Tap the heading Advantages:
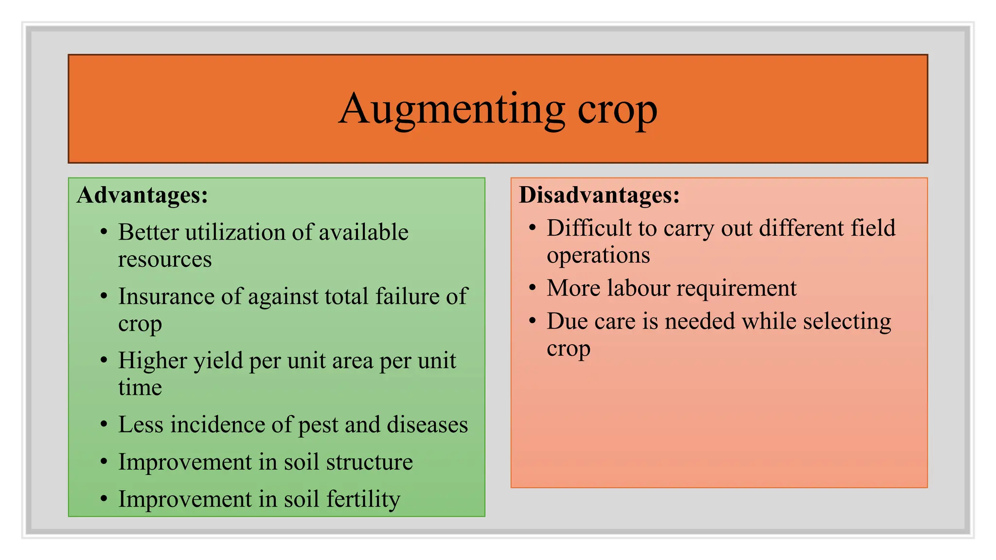tap(142, 195)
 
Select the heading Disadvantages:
tap(599, 195)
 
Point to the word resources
tap(165, 260)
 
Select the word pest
tap(318, 425)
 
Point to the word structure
tap(369, 462)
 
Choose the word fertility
tap(363, 499)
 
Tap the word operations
tap(598, 256)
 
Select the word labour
tap(639, 288)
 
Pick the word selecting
tap(847, 322)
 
